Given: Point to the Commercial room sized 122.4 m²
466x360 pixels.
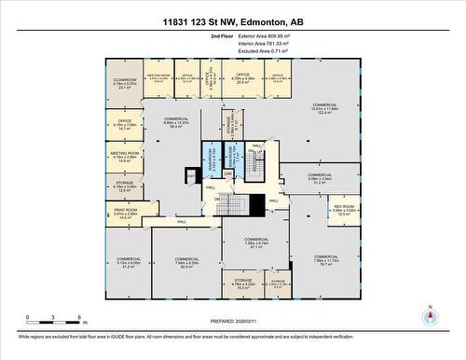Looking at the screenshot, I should point(324,107).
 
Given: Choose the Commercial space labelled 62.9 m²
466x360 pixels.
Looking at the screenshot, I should point(187,263).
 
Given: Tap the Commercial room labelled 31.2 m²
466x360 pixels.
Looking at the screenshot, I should point(320,178).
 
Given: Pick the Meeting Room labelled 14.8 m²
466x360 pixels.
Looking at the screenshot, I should point(124,156).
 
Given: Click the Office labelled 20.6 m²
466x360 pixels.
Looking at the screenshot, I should point(242,77).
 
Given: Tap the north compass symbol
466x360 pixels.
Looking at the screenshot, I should point(430,316).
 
